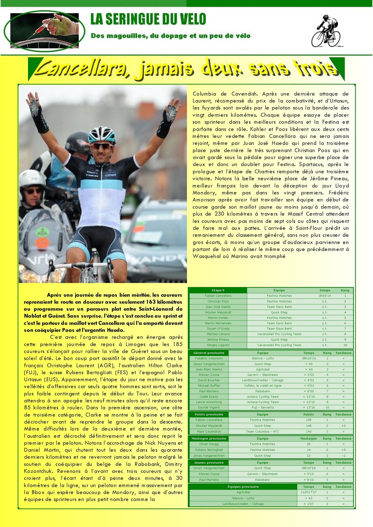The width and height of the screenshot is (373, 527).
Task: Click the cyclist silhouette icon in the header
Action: [x=325, y=31]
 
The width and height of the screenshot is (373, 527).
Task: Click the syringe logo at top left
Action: [x=47, y=30]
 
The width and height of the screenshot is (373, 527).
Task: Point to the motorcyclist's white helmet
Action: [x=31, y=179]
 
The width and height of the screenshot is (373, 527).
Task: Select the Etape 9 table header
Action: [x=218, y=290]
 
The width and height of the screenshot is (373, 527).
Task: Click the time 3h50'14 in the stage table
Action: [x=325, y=296]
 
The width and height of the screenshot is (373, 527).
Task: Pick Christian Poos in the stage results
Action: [x=218, y=301]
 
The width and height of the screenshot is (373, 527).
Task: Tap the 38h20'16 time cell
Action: [x=308, y=358]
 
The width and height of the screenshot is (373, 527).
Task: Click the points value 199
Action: [x=308, y=420]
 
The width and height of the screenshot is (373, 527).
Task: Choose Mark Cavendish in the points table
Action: [x=209, y=431]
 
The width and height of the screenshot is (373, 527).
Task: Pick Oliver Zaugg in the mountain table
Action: [x=209, y=444]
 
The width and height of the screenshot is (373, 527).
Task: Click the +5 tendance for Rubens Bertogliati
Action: [x=343, y=450]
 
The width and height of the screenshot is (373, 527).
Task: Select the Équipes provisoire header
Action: [x=243, y=487]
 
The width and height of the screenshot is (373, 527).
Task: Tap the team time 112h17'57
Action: [x=308, y=492]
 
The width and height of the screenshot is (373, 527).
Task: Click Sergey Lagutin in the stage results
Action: [x=218, y=345]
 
